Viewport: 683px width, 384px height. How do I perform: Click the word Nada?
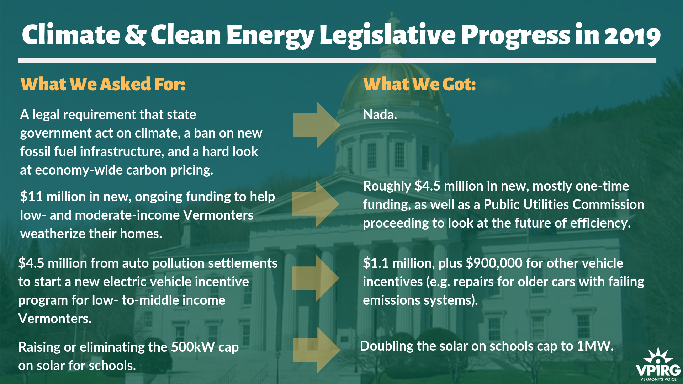pos(380,114)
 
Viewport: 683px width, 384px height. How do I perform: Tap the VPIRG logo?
pos(658,364)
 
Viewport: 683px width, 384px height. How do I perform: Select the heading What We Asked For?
pos(103,84)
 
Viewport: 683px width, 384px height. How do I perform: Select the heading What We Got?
pos(419,84)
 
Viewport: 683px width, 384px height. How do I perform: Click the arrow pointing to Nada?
pos(316,125)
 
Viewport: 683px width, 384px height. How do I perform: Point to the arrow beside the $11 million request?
pos(315,204)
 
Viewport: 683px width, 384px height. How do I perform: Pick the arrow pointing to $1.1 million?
pos(315,278)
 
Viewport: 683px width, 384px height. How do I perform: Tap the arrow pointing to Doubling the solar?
pos(316,350)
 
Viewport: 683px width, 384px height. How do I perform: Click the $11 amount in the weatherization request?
pos(32,197)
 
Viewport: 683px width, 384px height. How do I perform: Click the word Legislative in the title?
pos(387,36)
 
